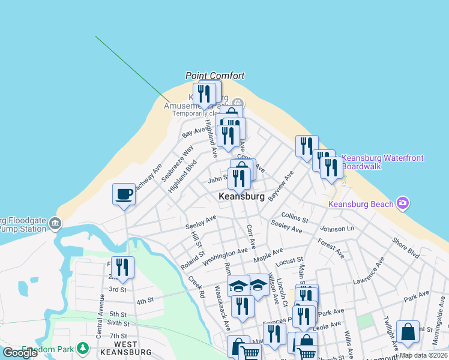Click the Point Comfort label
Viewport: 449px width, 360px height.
tap(215, 76)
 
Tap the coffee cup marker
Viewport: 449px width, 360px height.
tap(124, 194)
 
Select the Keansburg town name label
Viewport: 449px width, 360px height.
tap(243, 196)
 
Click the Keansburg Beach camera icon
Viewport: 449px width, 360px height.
tap(403, 203)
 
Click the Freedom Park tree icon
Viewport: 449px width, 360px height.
tap(82, 348)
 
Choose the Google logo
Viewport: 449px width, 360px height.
tap(20, 353)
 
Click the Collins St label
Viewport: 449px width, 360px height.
tap(294, 216)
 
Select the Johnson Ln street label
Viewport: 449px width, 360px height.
tap(337, 229)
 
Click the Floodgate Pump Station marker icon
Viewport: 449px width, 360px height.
tap(55, 224)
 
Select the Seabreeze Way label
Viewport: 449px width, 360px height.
tap(184, 158)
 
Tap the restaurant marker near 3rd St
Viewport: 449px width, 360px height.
tap(123, 268)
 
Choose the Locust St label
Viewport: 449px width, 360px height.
tap(289, 262)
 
